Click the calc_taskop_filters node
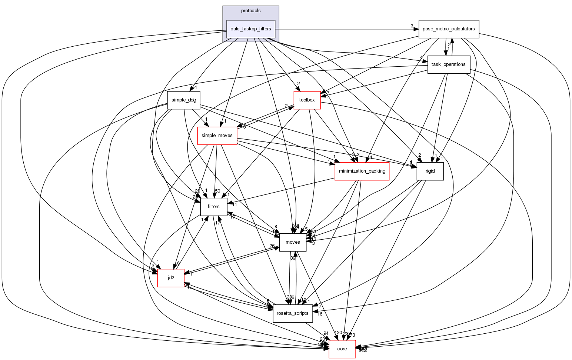tap(250, 29)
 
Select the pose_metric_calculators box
tap(449, 29)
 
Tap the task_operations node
tap(449, 64)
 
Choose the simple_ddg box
tap(184, 100)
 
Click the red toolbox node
tap(307, 100)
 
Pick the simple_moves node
tap(217, 136)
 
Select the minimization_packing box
tap(362, 171)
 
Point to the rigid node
tap(430, 171)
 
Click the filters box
tap(213, 207)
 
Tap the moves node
tap(293, 242)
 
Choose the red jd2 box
tap(171, 278)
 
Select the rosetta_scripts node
tap(293, 313)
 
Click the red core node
tap(342, 349)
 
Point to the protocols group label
tap(251, 11)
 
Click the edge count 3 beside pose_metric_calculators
tap(412, 26)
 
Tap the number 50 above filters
tap(217, 191)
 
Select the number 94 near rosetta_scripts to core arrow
tap(326, 333)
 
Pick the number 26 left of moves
tap(272, 246)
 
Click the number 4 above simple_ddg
tap(195, 88)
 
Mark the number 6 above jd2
tap(178, 263)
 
